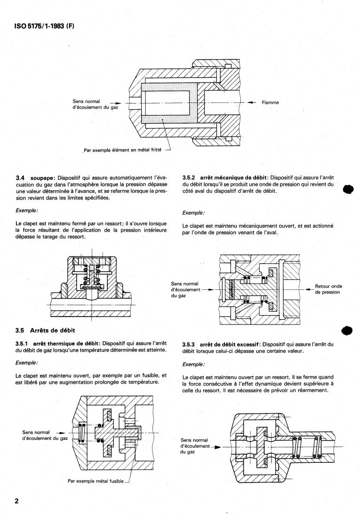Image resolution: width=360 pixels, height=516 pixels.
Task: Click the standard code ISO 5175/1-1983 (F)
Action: point(44,26)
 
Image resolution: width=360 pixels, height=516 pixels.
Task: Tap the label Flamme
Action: point(270,103)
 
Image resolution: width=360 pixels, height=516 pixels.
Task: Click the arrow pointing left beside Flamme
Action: point(252,103)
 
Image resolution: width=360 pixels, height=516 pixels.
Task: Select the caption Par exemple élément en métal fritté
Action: point(122,150)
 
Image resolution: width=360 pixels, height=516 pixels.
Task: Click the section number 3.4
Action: point(20,178)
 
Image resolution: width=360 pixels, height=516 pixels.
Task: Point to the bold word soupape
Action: point(41,178)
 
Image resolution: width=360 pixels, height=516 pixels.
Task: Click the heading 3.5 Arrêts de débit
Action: point(46,330)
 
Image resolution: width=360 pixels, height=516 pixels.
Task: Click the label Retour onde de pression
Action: point(328,289)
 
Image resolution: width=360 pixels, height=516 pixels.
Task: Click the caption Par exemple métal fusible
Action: point(96,481)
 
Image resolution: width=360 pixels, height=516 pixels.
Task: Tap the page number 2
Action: point(17,501)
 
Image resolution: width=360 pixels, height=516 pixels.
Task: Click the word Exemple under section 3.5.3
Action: point(193,365)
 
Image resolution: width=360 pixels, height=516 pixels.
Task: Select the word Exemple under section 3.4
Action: point(27,211)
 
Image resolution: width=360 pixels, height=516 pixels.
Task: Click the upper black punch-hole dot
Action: point(348,190)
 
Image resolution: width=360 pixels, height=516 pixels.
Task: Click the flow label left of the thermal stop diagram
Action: point(45,436)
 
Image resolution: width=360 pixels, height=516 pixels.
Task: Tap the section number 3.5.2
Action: point(189,178)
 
